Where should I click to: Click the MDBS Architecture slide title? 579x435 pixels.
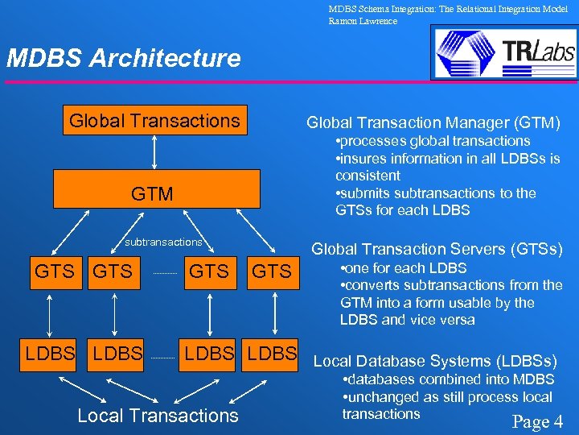pyautogui.click(x=123, y=58)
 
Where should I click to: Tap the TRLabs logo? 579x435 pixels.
pyautogui.click(x=503, y=52)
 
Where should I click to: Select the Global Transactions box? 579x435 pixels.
pyautogui.click(x=154, y=121)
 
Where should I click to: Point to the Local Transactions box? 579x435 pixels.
pyautogui.click(x=158, y=416)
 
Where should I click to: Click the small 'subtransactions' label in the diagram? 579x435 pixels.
pyautogui.click(x=162, y=242)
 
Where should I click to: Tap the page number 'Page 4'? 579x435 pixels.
pyautogui.click(x=537, y=421)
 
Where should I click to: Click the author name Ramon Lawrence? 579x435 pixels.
pyautogui.click(x=363, y=21)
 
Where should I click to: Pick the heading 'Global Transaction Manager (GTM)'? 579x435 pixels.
pyautogui.click(x=433, y=122)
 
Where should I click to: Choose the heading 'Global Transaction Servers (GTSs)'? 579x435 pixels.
pyautogui.click(x=437, y=249)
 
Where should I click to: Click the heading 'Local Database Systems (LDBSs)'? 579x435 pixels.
pyautogui.click(x=434, y=361)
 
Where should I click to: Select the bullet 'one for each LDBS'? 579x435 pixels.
pyautogui.click(x=404, y=268)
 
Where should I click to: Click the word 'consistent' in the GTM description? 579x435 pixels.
pyautogui.click(x=368, y=176)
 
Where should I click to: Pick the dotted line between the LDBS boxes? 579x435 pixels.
pyautogui.click(x=162, y=355)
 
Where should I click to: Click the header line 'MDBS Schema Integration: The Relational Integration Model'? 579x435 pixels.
pyautogui.click(x=448, y=9)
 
